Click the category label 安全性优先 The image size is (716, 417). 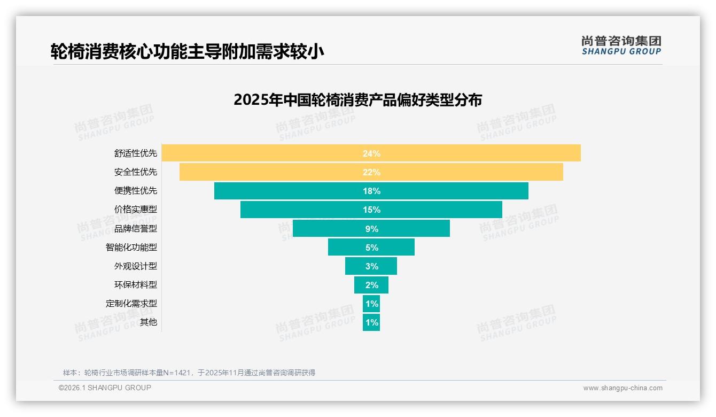pyautogui.click(x=136, y=172)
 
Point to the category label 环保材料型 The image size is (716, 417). pyautogui.click(x=136, y=284)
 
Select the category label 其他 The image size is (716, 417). pyautogui.click(x=149, y=322)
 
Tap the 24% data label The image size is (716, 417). pyautogui.click(x=371, y=153)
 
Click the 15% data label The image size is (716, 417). pyautogui.click(x=371, y=210)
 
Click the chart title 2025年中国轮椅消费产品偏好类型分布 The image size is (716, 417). pyautogui.click(x=357, y=100)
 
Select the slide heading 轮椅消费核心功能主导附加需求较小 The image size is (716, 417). pyautogui.click(x=187, y=52)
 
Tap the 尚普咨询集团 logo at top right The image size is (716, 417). pyautogui.click(x=621, y=45)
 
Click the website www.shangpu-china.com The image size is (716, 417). pyautogui.click(x=622, y=388)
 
